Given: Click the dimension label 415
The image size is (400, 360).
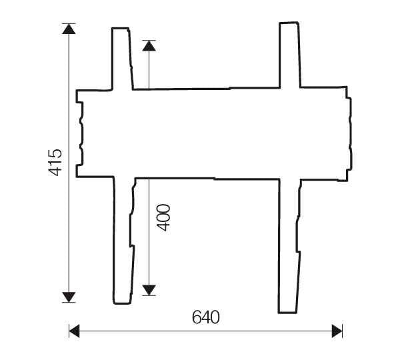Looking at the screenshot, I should (55, 162).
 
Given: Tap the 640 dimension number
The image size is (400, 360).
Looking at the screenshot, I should (205, 317).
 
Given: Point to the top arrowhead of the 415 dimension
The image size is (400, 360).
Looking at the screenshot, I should (69, 29).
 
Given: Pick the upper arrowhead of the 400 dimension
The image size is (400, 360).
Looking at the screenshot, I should (149, 46).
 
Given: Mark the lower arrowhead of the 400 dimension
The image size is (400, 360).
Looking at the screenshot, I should (149, 289).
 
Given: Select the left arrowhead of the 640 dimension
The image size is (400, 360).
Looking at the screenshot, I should (75, 330).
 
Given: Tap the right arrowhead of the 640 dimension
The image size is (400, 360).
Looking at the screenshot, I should (337, 330).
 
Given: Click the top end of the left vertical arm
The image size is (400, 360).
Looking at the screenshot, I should (120, 30).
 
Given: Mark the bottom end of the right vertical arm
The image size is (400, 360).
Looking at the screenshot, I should (287, 310).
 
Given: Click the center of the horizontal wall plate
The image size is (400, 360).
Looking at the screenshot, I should (213, 133).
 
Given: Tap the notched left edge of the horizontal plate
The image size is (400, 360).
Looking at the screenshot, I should (79, 133).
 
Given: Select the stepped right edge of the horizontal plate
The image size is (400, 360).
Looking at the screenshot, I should (349, 133).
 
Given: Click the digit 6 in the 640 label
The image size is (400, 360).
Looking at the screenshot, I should (197, 317).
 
